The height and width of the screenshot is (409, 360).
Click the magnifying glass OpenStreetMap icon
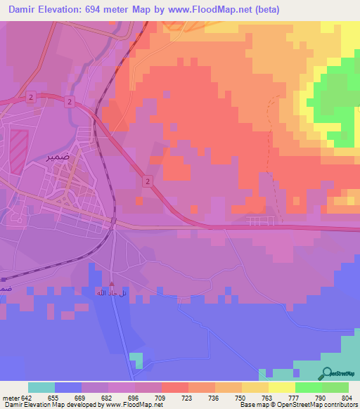coord(327,374)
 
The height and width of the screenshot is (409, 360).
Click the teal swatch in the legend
coord(41,387)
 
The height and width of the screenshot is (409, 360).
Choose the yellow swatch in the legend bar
coord(282,387)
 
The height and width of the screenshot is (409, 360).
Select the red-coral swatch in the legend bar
coord(175,387)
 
